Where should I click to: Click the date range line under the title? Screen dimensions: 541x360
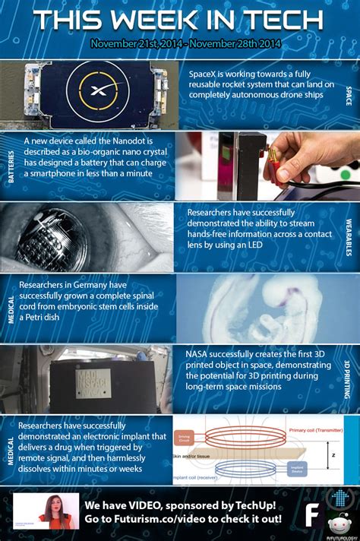(x=180, y=44)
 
